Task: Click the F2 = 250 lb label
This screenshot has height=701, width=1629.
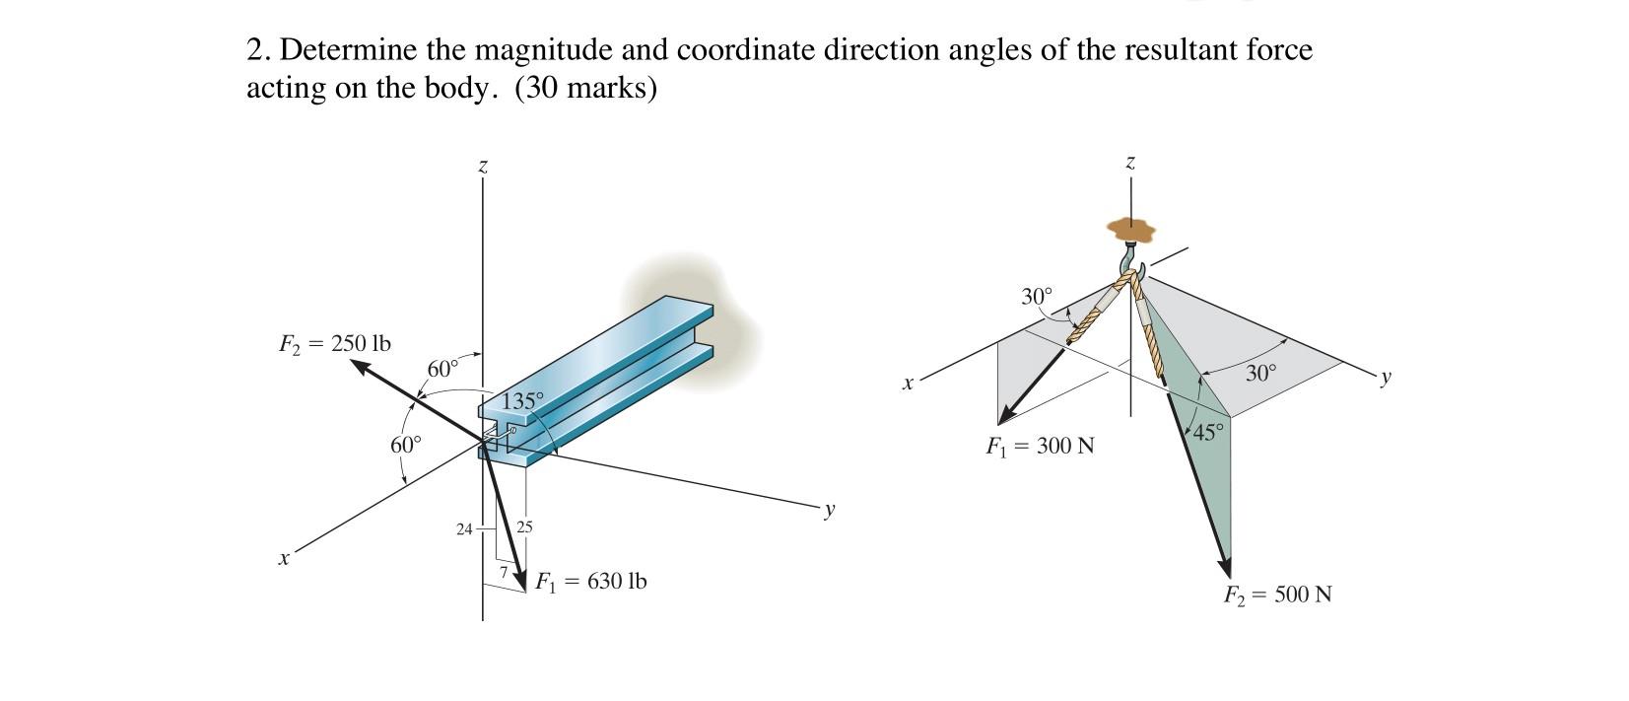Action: [334, 344]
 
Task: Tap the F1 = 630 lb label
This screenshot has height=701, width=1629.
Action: [590, 582]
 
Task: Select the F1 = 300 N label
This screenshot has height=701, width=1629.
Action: [1040, 447]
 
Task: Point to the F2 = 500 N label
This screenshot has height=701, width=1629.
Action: [1277, 596]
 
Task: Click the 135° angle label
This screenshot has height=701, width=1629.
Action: [522, 401]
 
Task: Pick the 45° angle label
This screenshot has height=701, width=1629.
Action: [1209, 433]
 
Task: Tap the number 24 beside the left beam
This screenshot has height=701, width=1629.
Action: [464, 529]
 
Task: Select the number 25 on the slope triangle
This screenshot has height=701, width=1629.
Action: [524, 527]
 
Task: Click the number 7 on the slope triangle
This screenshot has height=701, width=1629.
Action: [503, 572]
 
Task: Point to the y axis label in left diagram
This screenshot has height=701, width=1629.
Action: [830, 510]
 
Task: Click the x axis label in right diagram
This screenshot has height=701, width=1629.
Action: [908, 383]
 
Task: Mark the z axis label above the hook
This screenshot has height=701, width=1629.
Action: [1130, 162]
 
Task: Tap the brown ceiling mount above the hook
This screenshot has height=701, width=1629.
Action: [1130, 230]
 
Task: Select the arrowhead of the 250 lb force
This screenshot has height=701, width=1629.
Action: [361, 367]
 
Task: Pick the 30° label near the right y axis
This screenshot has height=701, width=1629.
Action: [1259, 373]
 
